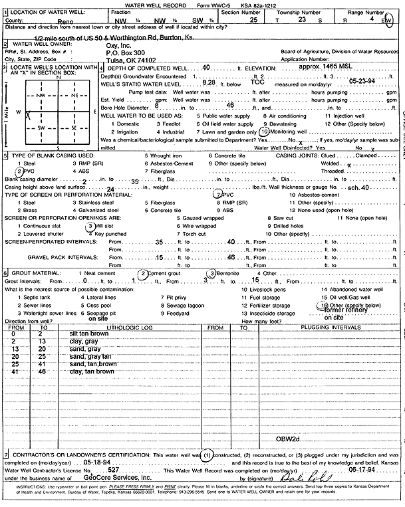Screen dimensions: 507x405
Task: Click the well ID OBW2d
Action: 290,440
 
